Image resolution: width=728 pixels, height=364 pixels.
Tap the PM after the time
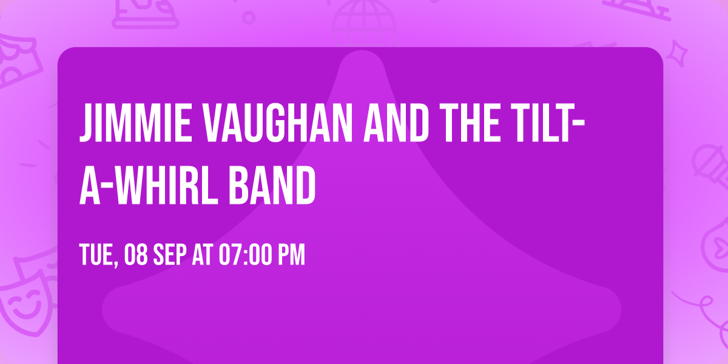[291, 255]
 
